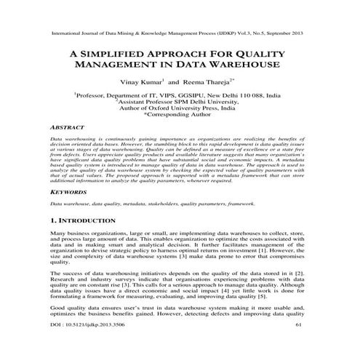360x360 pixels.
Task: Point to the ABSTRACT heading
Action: point(65,125)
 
